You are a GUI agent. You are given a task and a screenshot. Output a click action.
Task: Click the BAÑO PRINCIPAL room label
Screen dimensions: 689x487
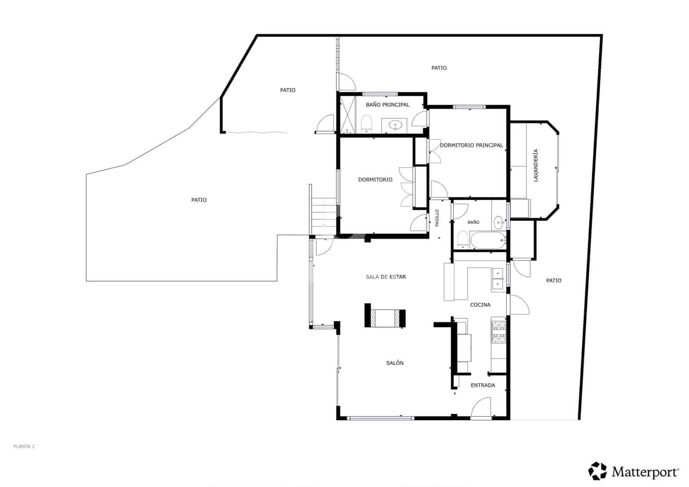click(x=388, y=105)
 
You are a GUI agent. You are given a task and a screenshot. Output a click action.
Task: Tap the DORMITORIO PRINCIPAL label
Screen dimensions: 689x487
click(x=471, y=145)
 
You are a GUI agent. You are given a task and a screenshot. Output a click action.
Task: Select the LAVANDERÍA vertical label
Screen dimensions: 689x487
click(x=536, y=165)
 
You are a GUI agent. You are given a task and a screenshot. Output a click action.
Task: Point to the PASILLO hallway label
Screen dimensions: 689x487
click(x=437, y=218)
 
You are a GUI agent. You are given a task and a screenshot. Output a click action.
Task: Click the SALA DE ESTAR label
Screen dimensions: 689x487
click(x=386, y=277)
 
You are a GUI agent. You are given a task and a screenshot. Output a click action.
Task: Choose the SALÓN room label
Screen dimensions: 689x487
click(x=394, y=363)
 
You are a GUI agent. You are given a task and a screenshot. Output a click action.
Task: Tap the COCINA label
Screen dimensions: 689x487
click(x=480, y=305)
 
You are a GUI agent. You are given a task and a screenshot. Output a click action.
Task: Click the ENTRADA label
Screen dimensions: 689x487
click(x=483, y=385)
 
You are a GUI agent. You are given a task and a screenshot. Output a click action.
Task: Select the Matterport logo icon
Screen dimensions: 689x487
click(x=597, y=471)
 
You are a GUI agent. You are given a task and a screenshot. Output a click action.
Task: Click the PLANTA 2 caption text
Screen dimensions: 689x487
click(x=24, y=447)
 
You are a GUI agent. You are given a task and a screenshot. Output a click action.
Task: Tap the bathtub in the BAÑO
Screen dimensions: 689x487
click(x=488, y=240)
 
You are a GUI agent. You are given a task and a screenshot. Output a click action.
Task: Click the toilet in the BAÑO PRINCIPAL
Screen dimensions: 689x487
click(x=366, y=124)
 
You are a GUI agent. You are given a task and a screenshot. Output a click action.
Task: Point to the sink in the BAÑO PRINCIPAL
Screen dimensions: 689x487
click(x=395, y=125)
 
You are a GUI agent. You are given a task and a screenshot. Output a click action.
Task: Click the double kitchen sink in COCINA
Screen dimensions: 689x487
click(x=498, y=279)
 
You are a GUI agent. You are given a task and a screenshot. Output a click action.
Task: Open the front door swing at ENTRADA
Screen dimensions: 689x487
click(x=481, y=408)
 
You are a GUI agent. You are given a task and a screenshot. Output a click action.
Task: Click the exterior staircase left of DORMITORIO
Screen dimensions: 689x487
click(x=323, y=212)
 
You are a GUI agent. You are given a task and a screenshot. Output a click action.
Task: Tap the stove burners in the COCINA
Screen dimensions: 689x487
click(x=499, y=332)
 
